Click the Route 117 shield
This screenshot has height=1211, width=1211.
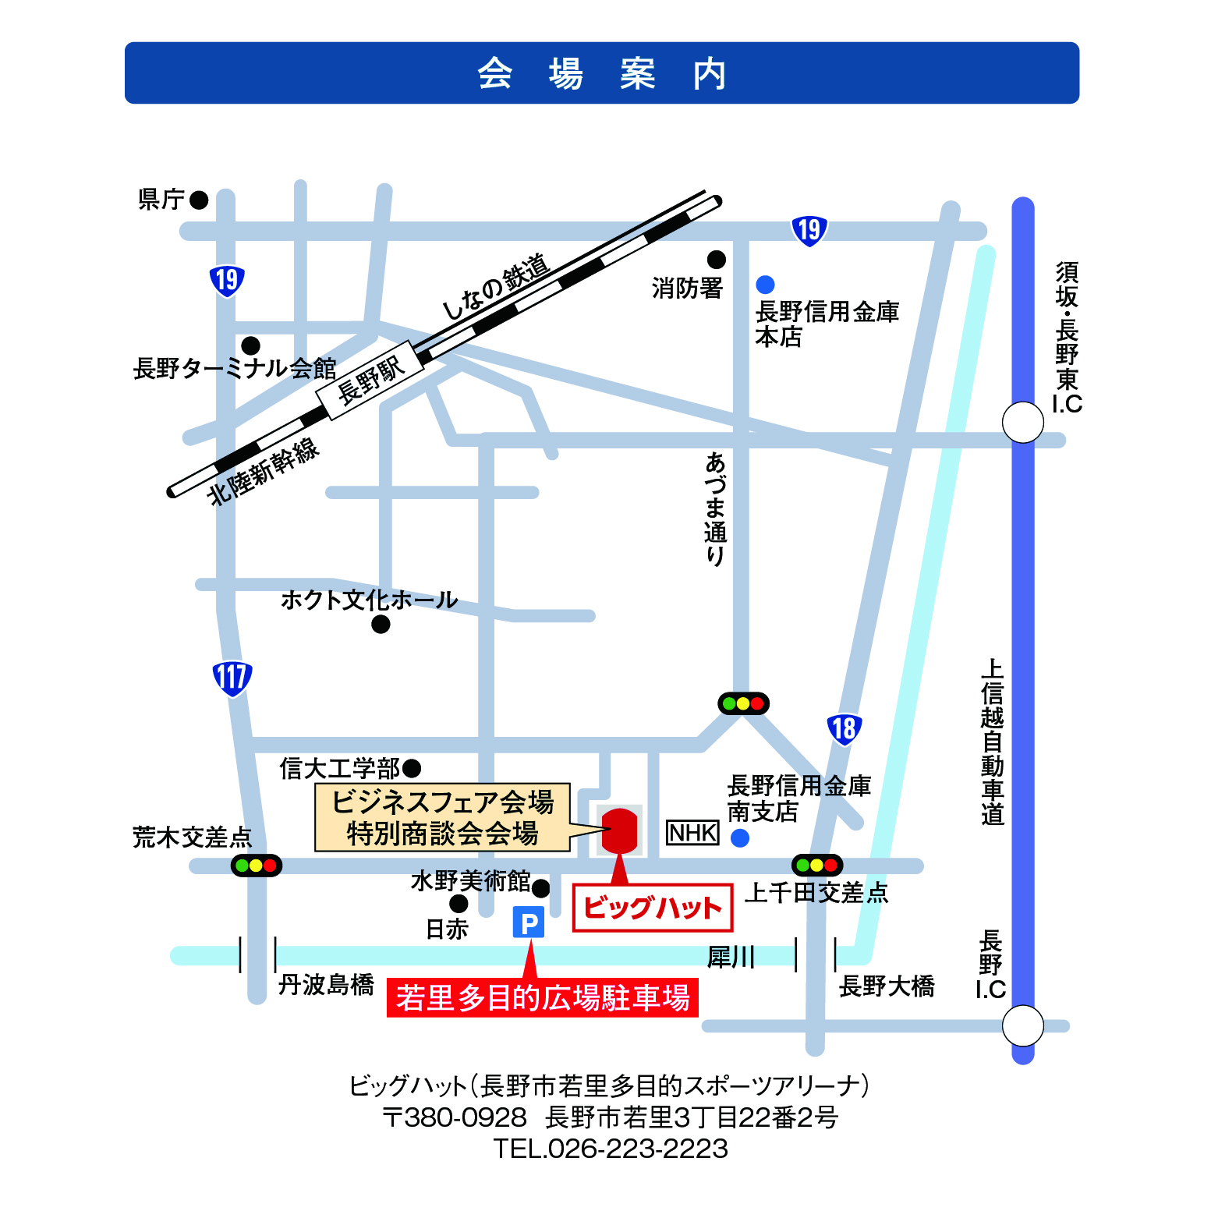click(232, 678)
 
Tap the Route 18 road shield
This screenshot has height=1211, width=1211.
click(844, 729)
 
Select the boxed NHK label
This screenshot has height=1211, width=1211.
click(692, 833)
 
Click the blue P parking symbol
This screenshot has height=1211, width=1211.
click(528, 923)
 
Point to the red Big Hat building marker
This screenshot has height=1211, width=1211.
click(620, 830)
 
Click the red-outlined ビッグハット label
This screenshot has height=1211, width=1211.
click(653, 908)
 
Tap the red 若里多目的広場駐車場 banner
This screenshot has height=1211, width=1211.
click(542, 998)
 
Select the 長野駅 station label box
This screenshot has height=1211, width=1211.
click(370, 380)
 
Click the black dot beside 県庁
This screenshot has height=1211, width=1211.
click(199, 200)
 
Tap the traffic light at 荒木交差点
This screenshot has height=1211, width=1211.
click(256, 866)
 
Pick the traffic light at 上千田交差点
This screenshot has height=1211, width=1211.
click(816, 865)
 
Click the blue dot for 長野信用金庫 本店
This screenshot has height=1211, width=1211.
click(765, 285)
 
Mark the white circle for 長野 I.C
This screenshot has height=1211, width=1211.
click(1022, 1025)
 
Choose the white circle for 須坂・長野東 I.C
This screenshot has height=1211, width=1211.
click(1022, 423)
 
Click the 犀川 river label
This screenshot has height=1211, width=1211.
click(731, 957)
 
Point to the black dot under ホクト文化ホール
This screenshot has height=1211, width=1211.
click(381, 625)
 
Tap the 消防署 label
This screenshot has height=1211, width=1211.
click(687, 289)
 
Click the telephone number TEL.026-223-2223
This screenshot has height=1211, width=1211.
click(611, 1149)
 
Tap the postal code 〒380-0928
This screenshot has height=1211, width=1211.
click(455, 1117)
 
